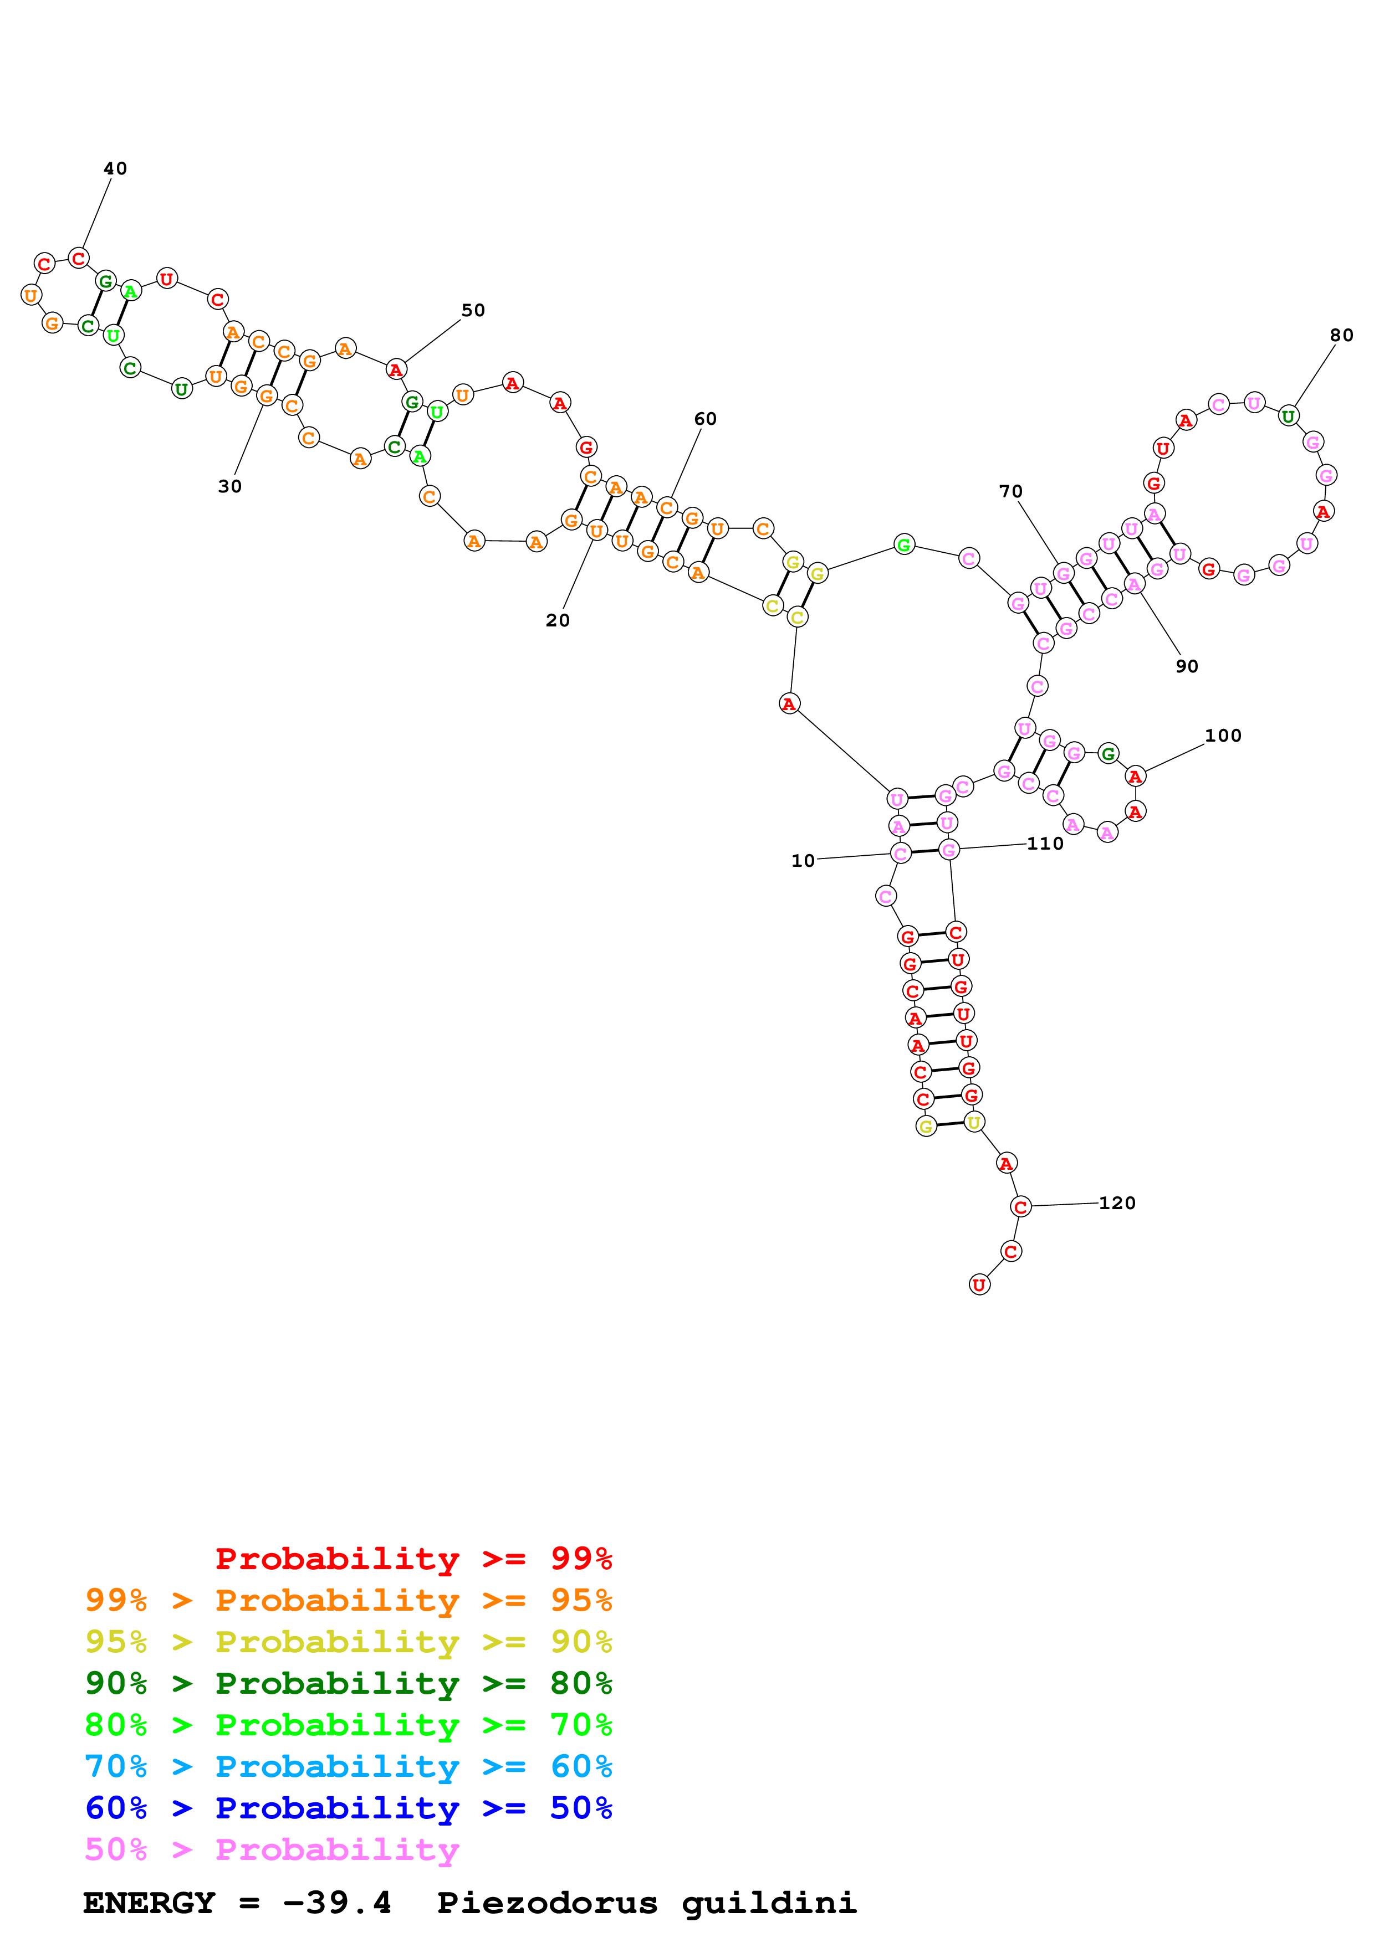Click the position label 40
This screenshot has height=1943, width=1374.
pyautogui.click(x=115, y=168)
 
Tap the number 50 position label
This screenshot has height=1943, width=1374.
pyautogui.click(x=473, y=311)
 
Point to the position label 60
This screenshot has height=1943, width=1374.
pyautogui.click(x=705, y=419)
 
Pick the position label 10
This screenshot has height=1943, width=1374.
pyautogui.click(x=803, y=861)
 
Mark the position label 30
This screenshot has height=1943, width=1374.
pyautogui.click(x=229, y=487)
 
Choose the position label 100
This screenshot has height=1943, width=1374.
pyautogui.click(x=1223, y=736)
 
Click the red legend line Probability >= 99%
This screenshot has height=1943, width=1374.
pyautogui.click(x=414, y=1559)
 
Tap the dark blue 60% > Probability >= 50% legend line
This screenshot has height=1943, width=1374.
pyautogui.click(x=349, y=1808)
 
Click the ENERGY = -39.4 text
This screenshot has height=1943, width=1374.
pyautogui.click(x=237, y=1903)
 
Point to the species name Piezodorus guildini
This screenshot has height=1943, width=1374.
pyautogui.click(x=647, y=1903)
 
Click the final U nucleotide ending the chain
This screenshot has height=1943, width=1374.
pyautogui.click(x=979, y=1284)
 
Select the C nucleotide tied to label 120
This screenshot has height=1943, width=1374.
pyautogui.click(x=1021, y=1207)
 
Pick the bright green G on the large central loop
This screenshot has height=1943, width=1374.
pyautogui.click(x=904, y=545)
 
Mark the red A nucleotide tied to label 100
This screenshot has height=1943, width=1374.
pyautogui.click(x=1135, y=775)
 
